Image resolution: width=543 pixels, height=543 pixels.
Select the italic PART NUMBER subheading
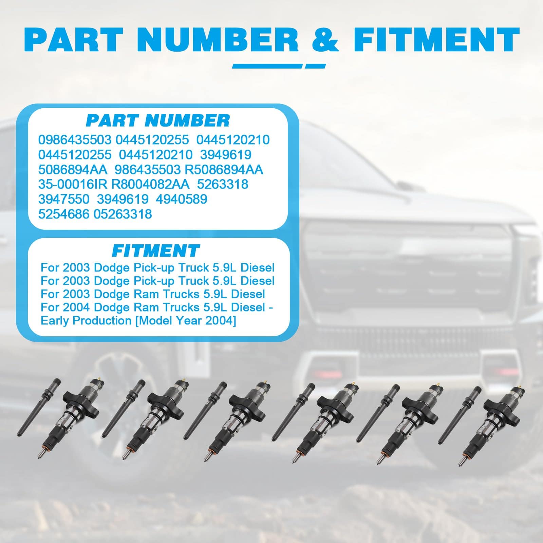pyautogui.click(x=158, y=120)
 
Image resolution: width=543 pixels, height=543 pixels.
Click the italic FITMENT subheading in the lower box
pyautogui.click(x=156, y=251)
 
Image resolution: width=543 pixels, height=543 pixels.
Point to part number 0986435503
pyautogui.click(x=75, y=140)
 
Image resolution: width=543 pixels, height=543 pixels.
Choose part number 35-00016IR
pyautogui.click(x=73, y=184)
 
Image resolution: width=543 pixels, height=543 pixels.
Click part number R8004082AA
pyautogui.click(x=150, y=184)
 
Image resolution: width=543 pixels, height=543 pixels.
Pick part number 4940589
pyautogui.click(x=182, y=199)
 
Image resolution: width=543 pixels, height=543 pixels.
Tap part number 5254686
pyautogui.click(x=64, y=214)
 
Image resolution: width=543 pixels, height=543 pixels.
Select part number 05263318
pyautogui.click(x=123, y=214)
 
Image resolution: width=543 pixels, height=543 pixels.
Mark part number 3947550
pyautogui.click(x=64, y=199)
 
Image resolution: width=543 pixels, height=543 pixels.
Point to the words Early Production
pyautogui.click(x=86, y=321)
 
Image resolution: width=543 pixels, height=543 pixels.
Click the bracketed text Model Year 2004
pyautogui.click(x=185, y=321)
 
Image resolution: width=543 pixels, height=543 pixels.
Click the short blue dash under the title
pyautogui.click(x=315, y=66)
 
